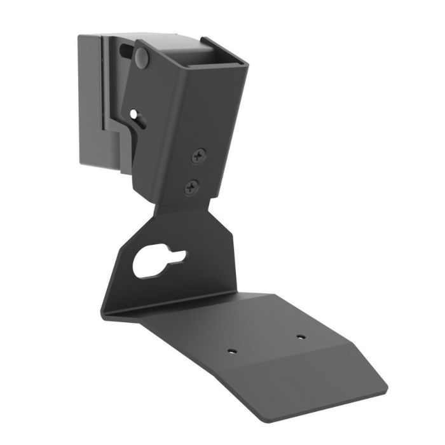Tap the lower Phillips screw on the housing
(x=191, y=187)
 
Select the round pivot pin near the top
(x=142, y=58)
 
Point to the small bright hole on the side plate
(x=133, y=115)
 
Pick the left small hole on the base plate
(x=232, y=350)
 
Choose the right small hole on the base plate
(x=300, y=337)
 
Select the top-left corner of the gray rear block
(x=79, y=36)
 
